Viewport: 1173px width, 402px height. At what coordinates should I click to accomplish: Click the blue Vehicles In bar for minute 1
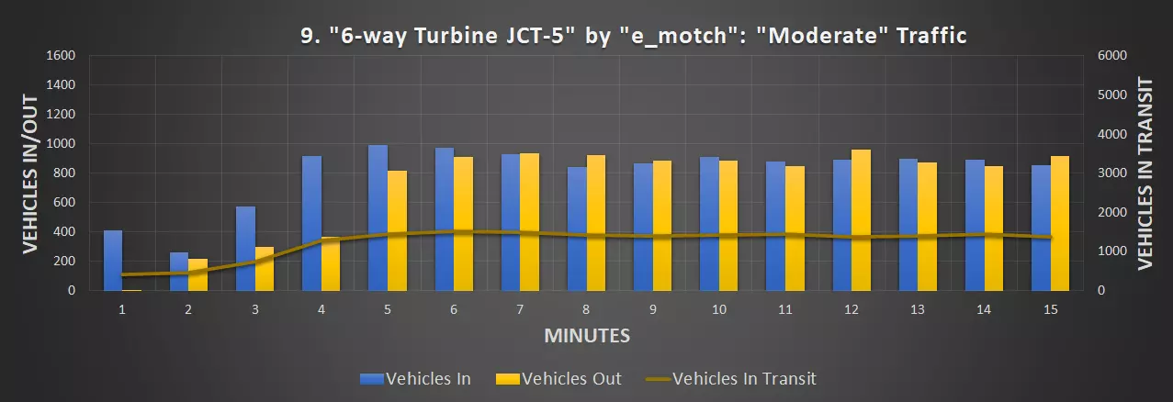112,260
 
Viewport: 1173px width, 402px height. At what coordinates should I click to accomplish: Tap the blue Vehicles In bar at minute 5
378,218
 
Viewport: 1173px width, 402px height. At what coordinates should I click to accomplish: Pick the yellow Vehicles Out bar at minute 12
861,219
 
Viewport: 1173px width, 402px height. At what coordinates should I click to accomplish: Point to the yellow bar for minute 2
198,274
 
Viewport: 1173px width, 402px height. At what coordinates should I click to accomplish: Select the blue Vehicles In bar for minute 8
577,229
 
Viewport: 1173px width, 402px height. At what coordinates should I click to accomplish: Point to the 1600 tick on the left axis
61,55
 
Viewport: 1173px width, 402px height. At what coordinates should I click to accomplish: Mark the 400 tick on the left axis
64,231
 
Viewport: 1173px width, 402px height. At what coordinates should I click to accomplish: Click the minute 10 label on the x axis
719,310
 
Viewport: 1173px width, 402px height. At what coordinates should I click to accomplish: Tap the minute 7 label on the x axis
520,310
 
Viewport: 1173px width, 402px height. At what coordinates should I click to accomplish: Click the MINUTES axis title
587,335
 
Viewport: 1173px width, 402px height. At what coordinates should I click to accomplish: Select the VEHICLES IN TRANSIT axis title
1145,173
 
